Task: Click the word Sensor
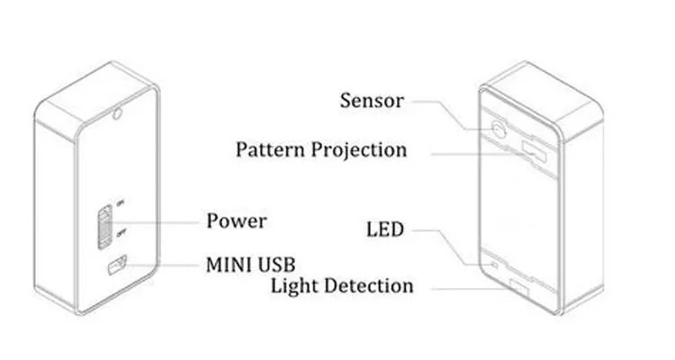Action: (x=372, y=99)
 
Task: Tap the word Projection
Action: (x=357, y=149)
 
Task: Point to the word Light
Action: (x=298, y=286)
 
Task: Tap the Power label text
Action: (x=236, y=220)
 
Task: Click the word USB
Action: (x=275, y=265)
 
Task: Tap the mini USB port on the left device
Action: (x=114, y=266)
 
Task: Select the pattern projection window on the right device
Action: (x=537, y=148)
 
